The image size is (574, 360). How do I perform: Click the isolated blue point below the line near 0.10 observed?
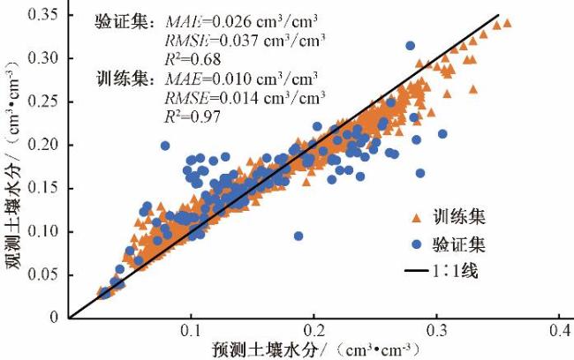point(298,236)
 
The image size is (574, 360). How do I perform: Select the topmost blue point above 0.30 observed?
point(410,45)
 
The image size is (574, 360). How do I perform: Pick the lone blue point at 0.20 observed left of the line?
point(165,146)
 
